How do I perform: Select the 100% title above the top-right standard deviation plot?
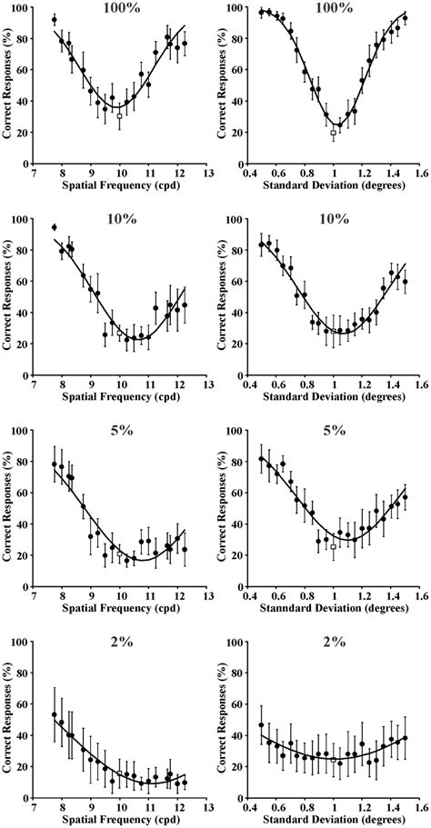[334, 8]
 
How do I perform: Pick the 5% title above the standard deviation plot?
[334, 431]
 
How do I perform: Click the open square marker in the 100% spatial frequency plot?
[119, 116]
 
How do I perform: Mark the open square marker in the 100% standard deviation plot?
[333, 132]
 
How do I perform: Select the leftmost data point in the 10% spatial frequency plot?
[55, 227]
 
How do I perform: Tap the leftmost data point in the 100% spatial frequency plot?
[55, 19]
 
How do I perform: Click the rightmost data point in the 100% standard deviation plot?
[406, 18]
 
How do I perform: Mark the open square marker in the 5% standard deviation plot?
[333, 547]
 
